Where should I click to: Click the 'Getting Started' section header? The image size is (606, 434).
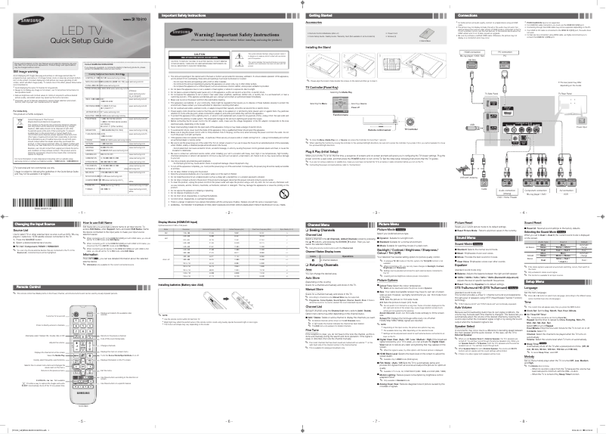click(329, 14)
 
